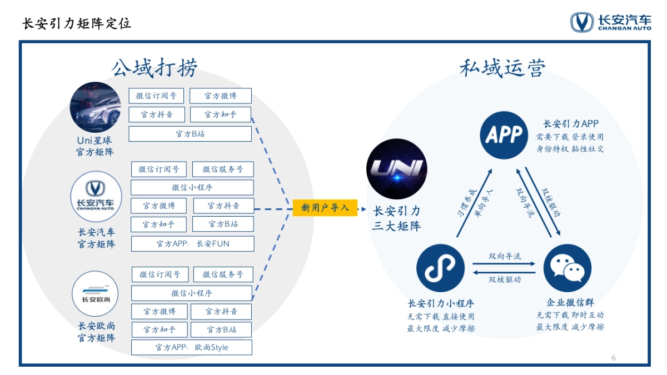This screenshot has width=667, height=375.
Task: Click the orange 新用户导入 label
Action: tap(325, 208)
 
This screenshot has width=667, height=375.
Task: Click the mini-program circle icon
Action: tap(440, 269)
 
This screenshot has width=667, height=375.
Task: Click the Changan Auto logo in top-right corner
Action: tap(610, 22)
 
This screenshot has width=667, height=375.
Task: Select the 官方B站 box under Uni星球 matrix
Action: tap(190, 134)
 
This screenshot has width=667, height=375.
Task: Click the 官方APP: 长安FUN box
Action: tap(192, 244)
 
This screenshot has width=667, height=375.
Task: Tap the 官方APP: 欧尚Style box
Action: tap(192, 348)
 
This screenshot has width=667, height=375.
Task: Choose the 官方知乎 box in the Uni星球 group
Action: tap(220, 115)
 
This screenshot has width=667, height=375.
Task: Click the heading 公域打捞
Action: tap(155, 68)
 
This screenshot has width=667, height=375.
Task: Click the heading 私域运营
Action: tap(503, 68)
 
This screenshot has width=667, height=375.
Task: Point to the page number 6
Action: tap(614, 358)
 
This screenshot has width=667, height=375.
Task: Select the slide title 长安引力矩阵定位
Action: tap(77, 23)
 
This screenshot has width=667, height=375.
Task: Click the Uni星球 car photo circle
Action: tap(95, 107)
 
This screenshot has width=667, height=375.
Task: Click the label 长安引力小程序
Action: tap(440, 303)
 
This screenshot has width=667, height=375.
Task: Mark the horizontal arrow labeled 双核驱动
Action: tap(504, 272)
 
